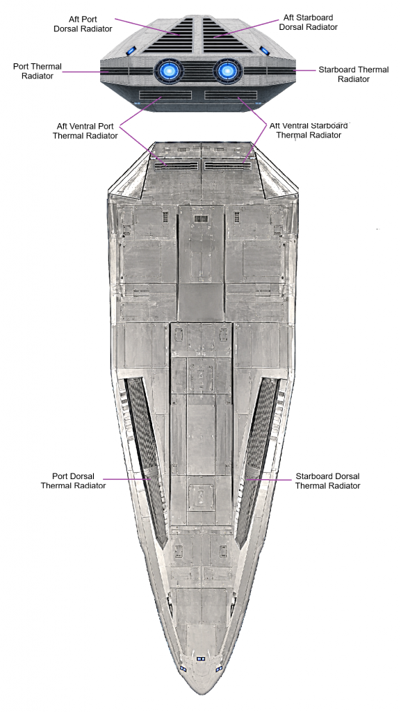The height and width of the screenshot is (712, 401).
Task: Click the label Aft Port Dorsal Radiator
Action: click(83, 24)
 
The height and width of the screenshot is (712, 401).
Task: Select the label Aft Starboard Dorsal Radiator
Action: click(308, 22)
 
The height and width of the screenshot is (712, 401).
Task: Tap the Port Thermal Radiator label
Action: click(38, 72)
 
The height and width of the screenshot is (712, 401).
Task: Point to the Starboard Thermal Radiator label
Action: click(353, 74)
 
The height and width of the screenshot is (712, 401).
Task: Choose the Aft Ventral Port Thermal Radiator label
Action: click(85, 131)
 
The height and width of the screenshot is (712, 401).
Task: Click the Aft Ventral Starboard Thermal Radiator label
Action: click(309, 130)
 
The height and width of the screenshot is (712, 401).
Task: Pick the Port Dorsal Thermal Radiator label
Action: click(73, 481)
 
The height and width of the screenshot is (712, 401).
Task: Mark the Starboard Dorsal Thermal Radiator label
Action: click(327, 481)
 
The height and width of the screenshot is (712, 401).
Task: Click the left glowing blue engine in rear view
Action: click(168, 70)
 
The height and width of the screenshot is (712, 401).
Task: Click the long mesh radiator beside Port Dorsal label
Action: click(146, 461)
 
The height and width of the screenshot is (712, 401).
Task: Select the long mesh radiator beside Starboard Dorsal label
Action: click(257, 461)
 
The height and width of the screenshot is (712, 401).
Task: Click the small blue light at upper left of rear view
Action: click(131, 50)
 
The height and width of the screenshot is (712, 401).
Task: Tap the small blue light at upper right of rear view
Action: click(265, 50)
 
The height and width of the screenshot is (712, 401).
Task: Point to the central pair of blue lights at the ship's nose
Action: click(200, 658)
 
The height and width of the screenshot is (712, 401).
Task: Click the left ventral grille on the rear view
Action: click(165, 95)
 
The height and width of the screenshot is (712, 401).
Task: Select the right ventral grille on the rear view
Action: click(231, 95)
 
